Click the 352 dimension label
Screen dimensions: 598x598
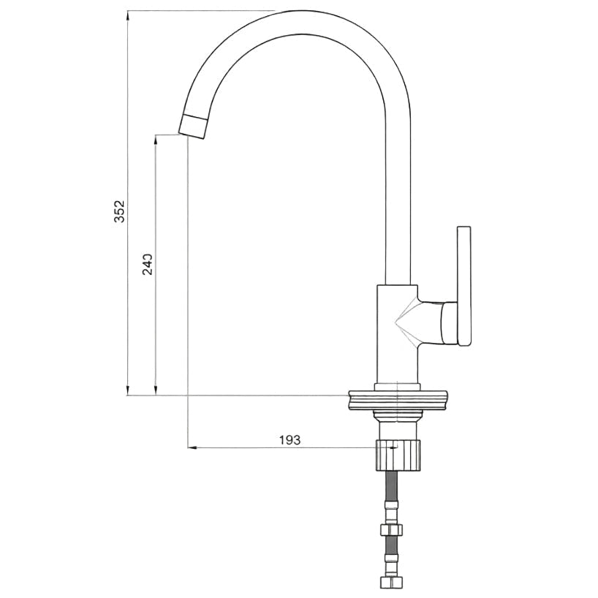tap(119, 211)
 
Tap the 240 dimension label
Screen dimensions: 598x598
tap(148, 265)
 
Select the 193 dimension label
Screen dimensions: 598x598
tap(289, 440)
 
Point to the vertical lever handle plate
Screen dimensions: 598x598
tap(463, 286)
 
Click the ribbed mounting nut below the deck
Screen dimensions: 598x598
tap(398, 455)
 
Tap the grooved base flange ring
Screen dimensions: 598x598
tap(398, 401)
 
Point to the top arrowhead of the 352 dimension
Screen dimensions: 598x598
tap(128, 15)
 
